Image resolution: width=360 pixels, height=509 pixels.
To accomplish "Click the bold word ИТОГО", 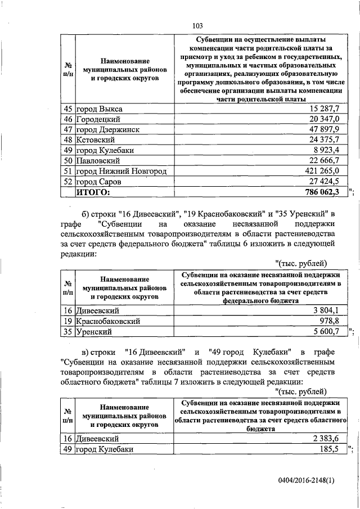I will click(x=94, y=193).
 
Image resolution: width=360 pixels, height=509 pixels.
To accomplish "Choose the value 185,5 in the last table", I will click(x=330, y=449).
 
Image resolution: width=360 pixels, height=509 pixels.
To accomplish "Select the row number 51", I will click(x=67, y=172).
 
